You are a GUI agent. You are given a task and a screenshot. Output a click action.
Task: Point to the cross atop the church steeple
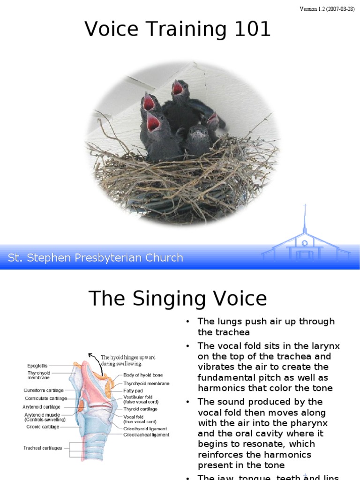305,207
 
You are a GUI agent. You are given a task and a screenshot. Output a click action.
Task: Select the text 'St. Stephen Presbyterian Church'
96,258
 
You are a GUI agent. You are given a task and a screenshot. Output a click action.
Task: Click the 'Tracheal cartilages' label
43,448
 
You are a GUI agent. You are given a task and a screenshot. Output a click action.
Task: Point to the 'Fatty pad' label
133,390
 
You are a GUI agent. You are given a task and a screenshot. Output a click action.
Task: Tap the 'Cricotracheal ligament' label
146,435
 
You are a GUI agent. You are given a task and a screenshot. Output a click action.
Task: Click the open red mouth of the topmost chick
178,89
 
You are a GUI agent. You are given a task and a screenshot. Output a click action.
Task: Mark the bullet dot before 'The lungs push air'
187,322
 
